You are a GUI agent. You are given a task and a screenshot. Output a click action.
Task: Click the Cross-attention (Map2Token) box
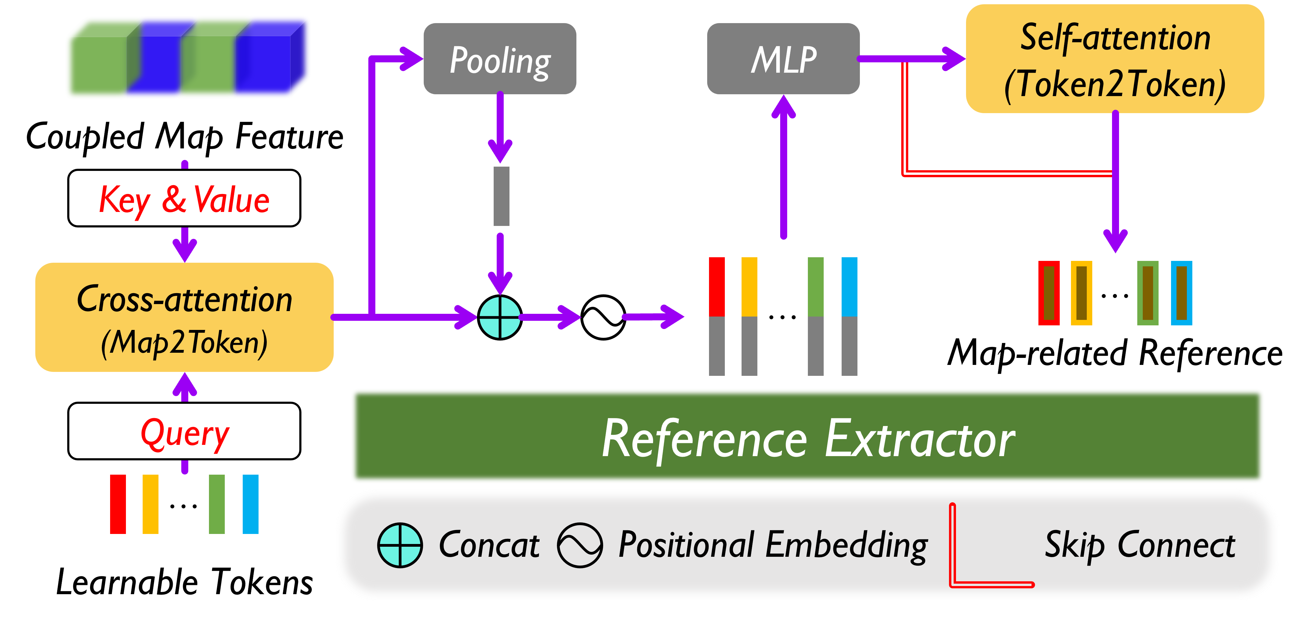[184, 317]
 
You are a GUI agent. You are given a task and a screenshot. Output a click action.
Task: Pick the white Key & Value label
[184, 198]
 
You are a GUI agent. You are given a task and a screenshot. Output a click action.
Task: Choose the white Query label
[184, 431]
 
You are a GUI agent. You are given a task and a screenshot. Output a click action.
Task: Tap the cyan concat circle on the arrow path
[500, 317]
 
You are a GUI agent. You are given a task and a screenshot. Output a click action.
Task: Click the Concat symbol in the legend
[400, 545]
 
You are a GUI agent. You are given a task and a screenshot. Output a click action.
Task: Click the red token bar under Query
[118, 504]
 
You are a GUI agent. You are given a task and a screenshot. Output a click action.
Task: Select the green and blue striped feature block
[188, 58]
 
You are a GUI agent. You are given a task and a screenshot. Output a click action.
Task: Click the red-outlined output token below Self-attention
[1049, 293]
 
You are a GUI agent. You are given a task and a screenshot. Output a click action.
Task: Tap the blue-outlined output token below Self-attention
[1181, 293]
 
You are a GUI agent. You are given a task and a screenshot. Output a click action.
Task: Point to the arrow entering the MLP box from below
[784, 168]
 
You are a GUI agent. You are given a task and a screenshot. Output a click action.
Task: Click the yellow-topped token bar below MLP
[749, 316]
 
